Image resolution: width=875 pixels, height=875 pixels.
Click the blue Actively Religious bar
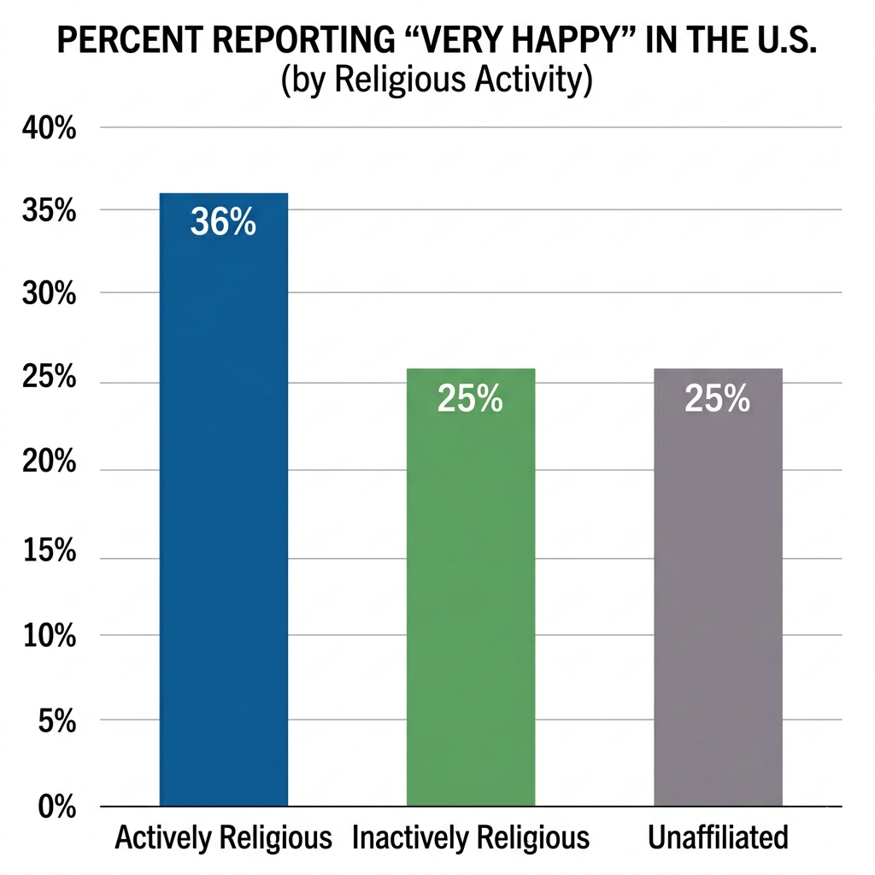[224, 513]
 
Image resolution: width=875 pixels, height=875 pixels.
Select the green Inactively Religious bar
[470, 598]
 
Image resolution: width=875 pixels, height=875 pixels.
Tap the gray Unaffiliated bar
[718, 598]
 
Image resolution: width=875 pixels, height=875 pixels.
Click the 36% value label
[223, 222]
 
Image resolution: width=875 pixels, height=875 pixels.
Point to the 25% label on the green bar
[470, 398]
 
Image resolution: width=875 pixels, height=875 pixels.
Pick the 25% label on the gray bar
[718, 398]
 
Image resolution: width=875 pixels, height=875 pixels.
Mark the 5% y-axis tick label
[56, 722]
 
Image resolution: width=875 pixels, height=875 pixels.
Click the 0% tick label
[56, 807]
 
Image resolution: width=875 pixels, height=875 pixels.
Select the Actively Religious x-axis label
[223, 838]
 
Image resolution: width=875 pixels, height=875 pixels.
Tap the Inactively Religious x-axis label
[471, 838]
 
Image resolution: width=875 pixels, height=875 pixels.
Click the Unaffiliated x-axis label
[718, 838]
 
